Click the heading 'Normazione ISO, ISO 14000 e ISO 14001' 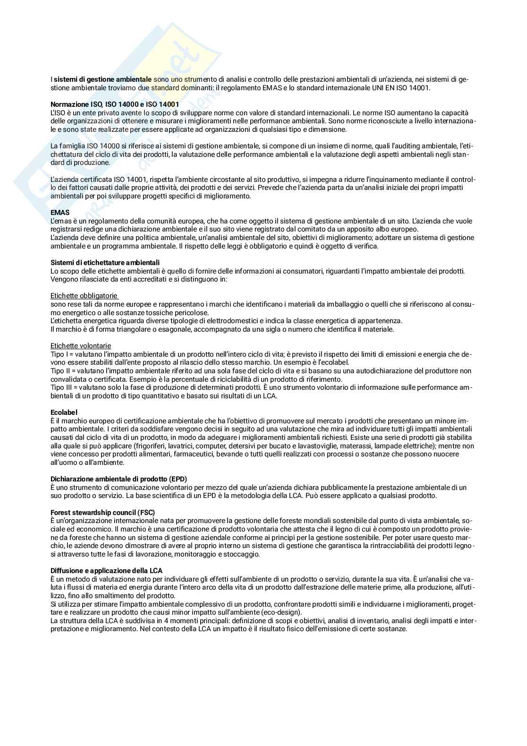pos(114,104)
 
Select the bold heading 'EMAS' pos(60,213)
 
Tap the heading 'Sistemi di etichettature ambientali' pos(105,262)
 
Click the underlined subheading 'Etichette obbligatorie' pos(84,296)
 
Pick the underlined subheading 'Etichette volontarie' pos(81,346)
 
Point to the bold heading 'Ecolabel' pos(64,412)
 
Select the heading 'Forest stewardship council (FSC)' pos(102,513)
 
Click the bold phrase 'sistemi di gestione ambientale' pos(102,79)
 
